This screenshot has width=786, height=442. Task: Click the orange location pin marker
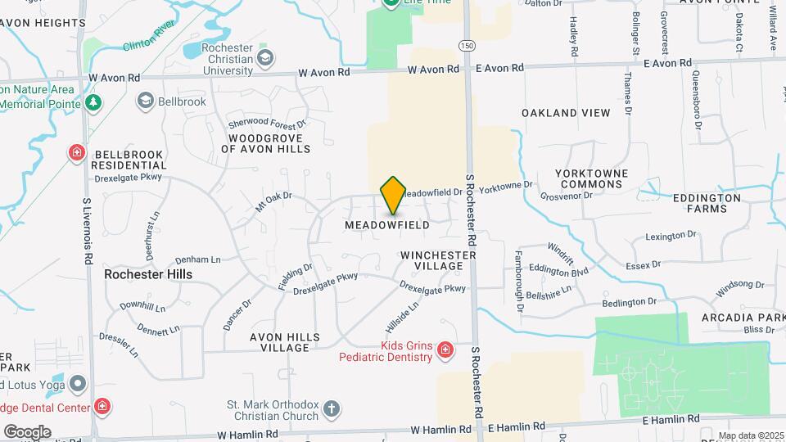(x=393, y=195)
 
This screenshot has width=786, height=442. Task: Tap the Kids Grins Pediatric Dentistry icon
(x=445, y=351)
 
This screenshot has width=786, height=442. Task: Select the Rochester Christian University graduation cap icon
(x=264, y=58)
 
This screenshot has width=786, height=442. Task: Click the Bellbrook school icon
(x=146, y=101)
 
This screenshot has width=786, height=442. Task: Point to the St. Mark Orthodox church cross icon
(x=331, y=408)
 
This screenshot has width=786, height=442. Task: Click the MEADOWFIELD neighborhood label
(x=386, y=224)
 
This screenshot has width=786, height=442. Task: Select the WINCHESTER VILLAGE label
(x=438, y=261)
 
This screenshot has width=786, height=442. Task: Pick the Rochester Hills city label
(x=148, y=274)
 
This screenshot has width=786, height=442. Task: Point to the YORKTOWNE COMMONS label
(x=591, y=179)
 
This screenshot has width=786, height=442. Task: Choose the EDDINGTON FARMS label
(x=706, y=203)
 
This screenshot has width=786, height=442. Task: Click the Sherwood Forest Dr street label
(x=267, y=123)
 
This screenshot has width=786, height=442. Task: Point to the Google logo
(x=27, y=431)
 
